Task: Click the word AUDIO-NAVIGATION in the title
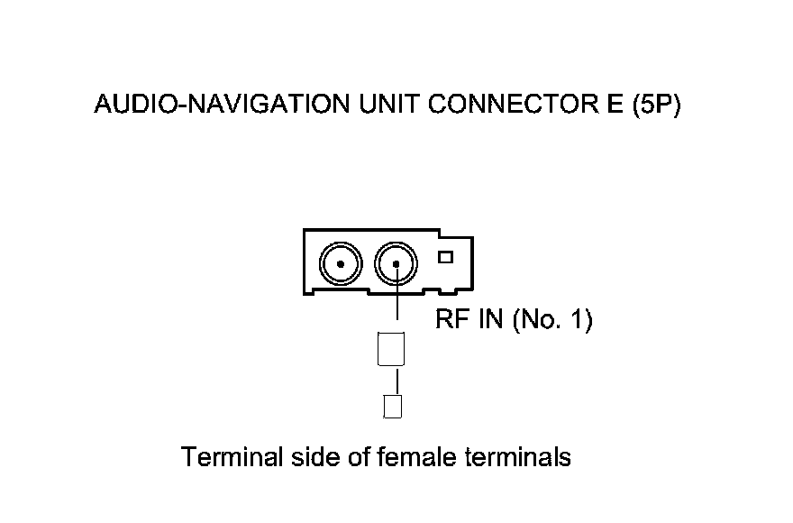click(x=221, y=105)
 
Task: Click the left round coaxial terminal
click(x=342, y=263)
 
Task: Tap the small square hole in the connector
click(x=444, y=257)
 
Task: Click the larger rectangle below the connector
click(x=390, y=349)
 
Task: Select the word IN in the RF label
click(x=490, y=320)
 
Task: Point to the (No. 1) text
click(x=552, y=320)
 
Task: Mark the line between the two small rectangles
click(x=391, y=381)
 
